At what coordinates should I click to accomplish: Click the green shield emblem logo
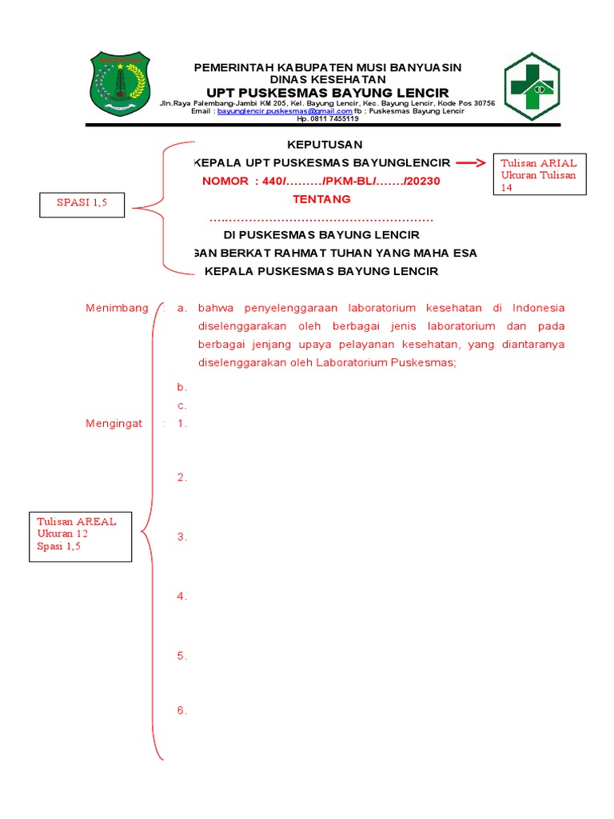119,83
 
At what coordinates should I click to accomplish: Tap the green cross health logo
532,86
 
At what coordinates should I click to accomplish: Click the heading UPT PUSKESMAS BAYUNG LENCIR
328,93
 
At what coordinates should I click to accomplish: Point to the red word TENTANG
321,199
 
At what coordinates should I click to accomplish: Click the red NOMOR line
321,182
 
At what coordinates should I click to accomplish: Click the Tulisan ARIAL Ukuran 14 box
539,174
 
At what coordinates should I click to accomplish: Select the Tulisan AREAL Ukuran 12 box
80,533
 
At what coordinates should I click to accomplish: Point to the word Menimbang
117,308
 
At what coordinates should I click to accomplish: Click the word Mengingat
114,424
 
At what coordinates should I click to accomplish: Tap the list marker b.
182,387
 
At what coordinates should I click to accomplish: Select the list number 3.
182,537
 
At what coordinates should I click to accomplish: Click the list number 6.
182,710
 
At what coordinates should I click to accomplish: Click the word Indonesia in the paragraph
539,308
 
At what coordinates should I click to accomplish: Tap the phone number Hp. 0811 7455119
328,119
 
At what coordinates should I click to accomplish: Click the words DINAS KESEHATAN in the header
328,80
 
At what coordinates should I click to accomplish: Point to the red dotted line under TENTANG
321,218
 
